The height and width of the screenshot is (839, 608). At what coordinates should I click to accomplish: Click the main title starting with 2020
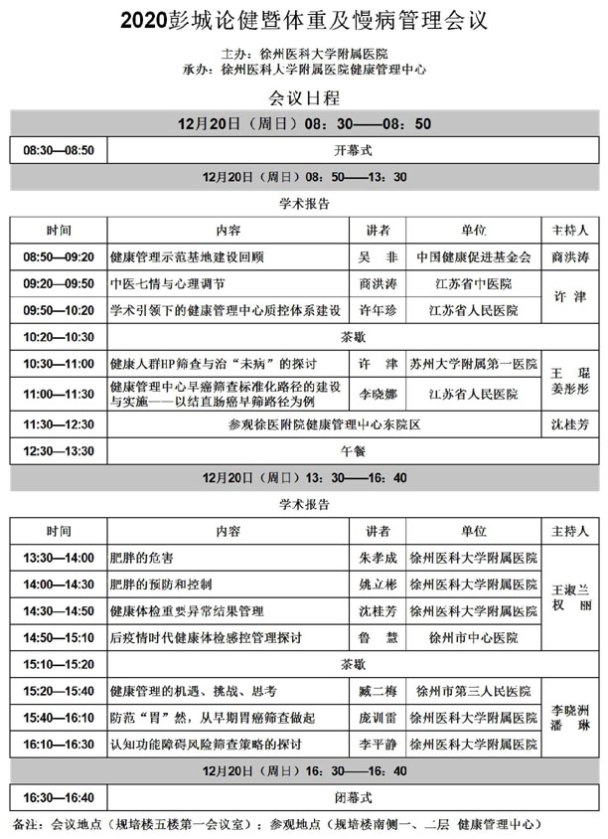tap(304, 19)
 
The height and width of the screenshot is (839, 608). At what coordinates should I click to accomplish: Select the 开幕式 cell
tap(354, 150)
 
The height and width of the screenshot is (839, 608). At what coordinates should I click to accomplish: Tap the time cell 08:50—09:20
tap(59, 256)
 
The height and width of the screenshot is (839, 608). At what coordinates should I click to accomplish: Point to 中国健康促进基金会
tap(474, 256)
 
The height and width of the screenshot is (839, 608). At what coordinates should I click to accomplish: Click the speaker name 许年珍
tap(377, 310)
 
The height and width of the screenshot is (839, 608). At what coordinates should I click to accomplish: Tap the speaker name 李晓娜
tap(377, 394)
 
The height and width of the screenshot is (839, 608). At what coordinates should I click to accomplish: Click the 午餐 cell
tap(354, 450)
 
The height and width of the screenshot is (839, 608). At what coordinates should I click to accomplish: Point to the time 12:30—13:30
tap(59, 450)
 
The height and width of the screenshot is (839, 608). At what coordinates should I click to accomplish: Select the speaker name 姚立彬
tap(377, 585)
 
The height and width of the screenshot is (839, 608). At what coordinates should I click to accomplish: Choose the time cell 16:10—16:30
tap(59, 744)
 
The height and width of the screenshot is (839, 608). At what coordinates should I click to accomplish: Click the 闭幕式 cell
tap(354, 797)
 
